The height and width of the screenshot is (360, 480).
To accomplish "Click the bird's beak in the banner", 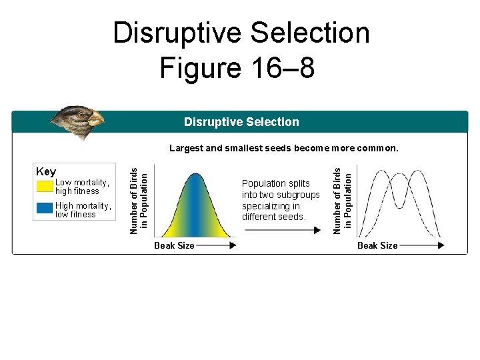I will point(97,120).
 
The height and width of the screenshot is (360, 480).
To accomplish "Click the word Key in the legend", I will point(45,172).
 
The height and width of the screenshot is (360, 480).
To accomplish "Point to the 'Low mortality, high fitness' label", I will point(83,187).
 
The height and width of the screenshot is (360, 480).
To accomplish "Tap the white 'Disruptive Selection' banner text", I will point(241,122).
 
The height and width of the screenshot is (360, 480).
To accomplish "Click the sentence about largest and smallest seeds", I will point(283,148).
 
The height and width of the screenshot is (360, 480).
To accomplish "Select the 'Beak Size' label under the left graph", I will point(174,245).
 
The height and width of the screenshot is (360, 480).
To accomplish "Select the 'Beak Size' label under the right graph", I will point(377,245).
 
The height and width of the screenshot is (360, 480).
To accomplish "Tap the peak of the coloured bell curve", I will point(195,175).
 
